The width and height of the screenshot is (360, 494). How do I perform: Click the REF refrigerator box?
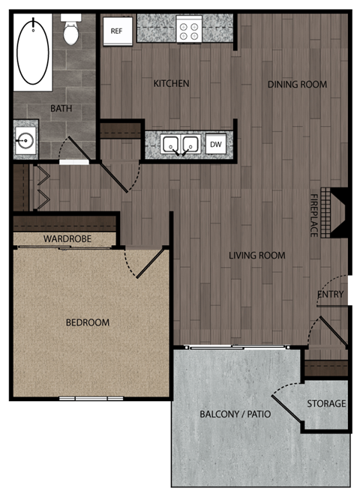click(116, 31)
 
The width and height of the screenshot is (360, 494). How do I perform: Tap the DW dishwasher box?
click(215, 144)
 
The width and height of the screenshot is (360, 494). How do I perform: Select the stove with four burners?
click(188, 31)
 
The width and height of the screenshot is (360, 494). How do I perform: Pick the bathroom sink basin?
click(24, 140)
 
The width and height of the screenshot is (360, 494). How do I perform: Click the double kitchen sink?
click(181, 144)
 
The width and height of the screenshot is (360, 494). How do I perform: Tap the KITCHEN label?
click(171, 83)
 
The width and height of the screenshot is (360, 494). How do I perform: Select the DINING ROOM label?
click(297, 85)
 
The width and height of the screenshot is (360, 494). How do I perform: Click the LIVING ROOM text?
click(257, 256)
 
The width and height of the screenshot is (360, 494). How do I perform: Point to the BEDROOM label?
click(88, 323)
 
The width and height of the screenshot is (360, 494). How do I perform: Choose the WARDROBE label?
click(67, 238)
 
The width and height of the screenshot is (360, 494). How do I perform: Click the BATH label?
click(61, 109)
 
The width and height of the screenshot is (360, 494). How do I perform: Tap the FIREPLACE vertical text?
click(314, 216)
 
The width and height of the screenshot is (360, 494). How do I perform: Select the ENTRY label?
click(330, 295)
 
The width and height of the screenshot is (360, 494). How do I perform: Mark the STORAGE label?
click(326, 404)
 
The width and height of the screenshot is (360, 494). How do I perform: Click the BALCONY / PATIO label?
click(235, 414)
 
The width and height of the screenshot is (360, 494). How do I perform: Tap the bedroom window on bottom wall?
click(91, 397)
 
